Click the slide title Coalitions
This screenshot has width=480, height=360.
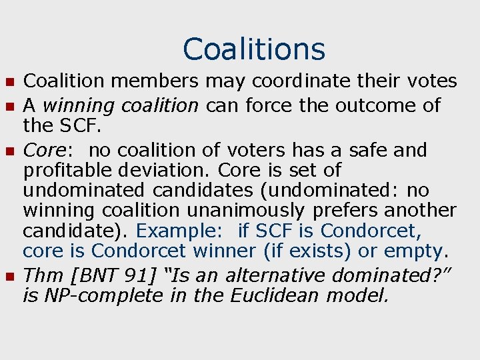[254, 49]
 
